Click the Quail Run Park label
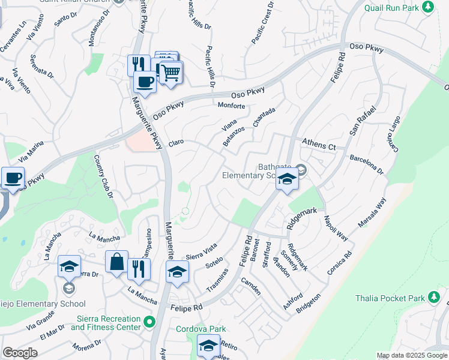click(392, 7)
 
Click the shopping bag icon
click(116, 262)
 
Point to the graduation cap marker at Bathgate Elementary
click(288, 179)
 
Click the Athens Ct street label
click(319, 144)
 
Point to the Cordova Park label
click(200, 329)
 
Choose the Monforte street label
click(231, 106)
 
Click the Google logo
click(20, 352)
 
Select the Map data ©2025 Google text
click(411, 355)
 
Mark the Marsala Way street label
click(372, 214)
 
